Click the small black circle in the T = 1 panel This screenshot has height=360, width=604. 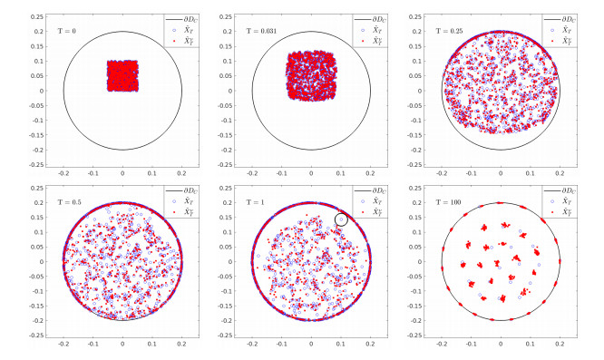(x=342, y=219)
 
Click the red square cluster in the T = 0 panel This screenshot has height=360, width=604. (x=122, y=75)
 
